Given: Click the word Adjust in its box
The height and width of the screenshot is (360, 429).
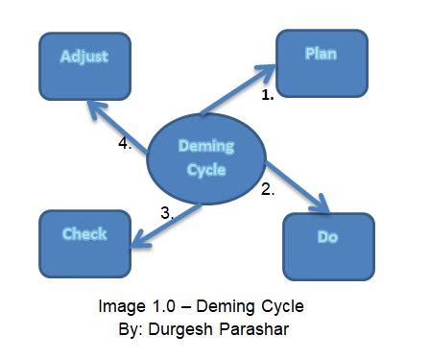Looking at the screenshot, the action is pyautogui.click(x=84, y=57).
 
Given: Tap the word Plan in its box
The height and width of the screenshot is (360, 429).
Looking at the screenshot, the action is pyautogui.click(x=321, y=54).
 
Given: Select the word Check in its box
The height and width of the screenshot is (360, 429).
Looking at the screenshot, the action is pyautogui.click(x=84, y=234).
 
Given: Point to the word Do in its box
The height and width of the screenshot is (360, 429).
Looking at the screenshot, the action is pyautogui.click(x=327, y=237).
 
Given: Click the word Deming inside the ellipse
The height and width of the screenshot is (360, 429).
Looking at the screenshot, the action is pyautogui.click(x=206, y=147).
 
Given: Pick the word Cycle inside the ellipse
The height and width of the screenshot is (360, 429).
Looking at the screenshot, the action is pyautogui.click(x=206, y=170).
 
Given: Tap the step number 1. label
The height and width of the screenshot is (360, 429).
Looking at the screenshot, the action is pyautogui.click(x=268, y=95).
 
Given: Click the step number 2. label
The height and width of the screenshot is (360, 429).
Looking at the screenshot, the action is pyautogui.click(x=268, y=189).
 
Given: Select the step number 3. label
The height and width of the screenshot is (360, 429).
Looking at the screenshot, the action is pyautogui.click(x=167, y=213).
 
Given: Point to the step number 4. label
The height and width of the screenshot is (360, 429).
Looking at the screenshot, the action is pyautogui.click(x=125, y=143).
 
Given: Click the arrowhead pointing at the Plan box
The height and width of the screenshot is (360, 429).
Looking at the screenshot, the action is pyautogui.click(x=267, y=71).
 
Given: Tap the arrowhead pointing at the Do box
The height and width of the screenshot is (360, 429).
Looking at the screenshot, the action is pyautogui.click(x=322, y=204).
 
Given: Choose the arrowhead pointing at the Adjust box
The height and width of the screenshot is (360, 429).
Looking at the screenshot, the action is pyautogui.click(x=96, y=108).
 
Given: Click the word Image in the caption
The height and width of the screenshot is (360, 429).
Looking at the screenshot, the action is pyautogui.click(x=122, y=307).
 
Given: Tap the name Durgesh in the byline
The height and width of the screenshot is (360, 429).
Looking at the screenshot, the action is pyautogui.click(x=180, y=329).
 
